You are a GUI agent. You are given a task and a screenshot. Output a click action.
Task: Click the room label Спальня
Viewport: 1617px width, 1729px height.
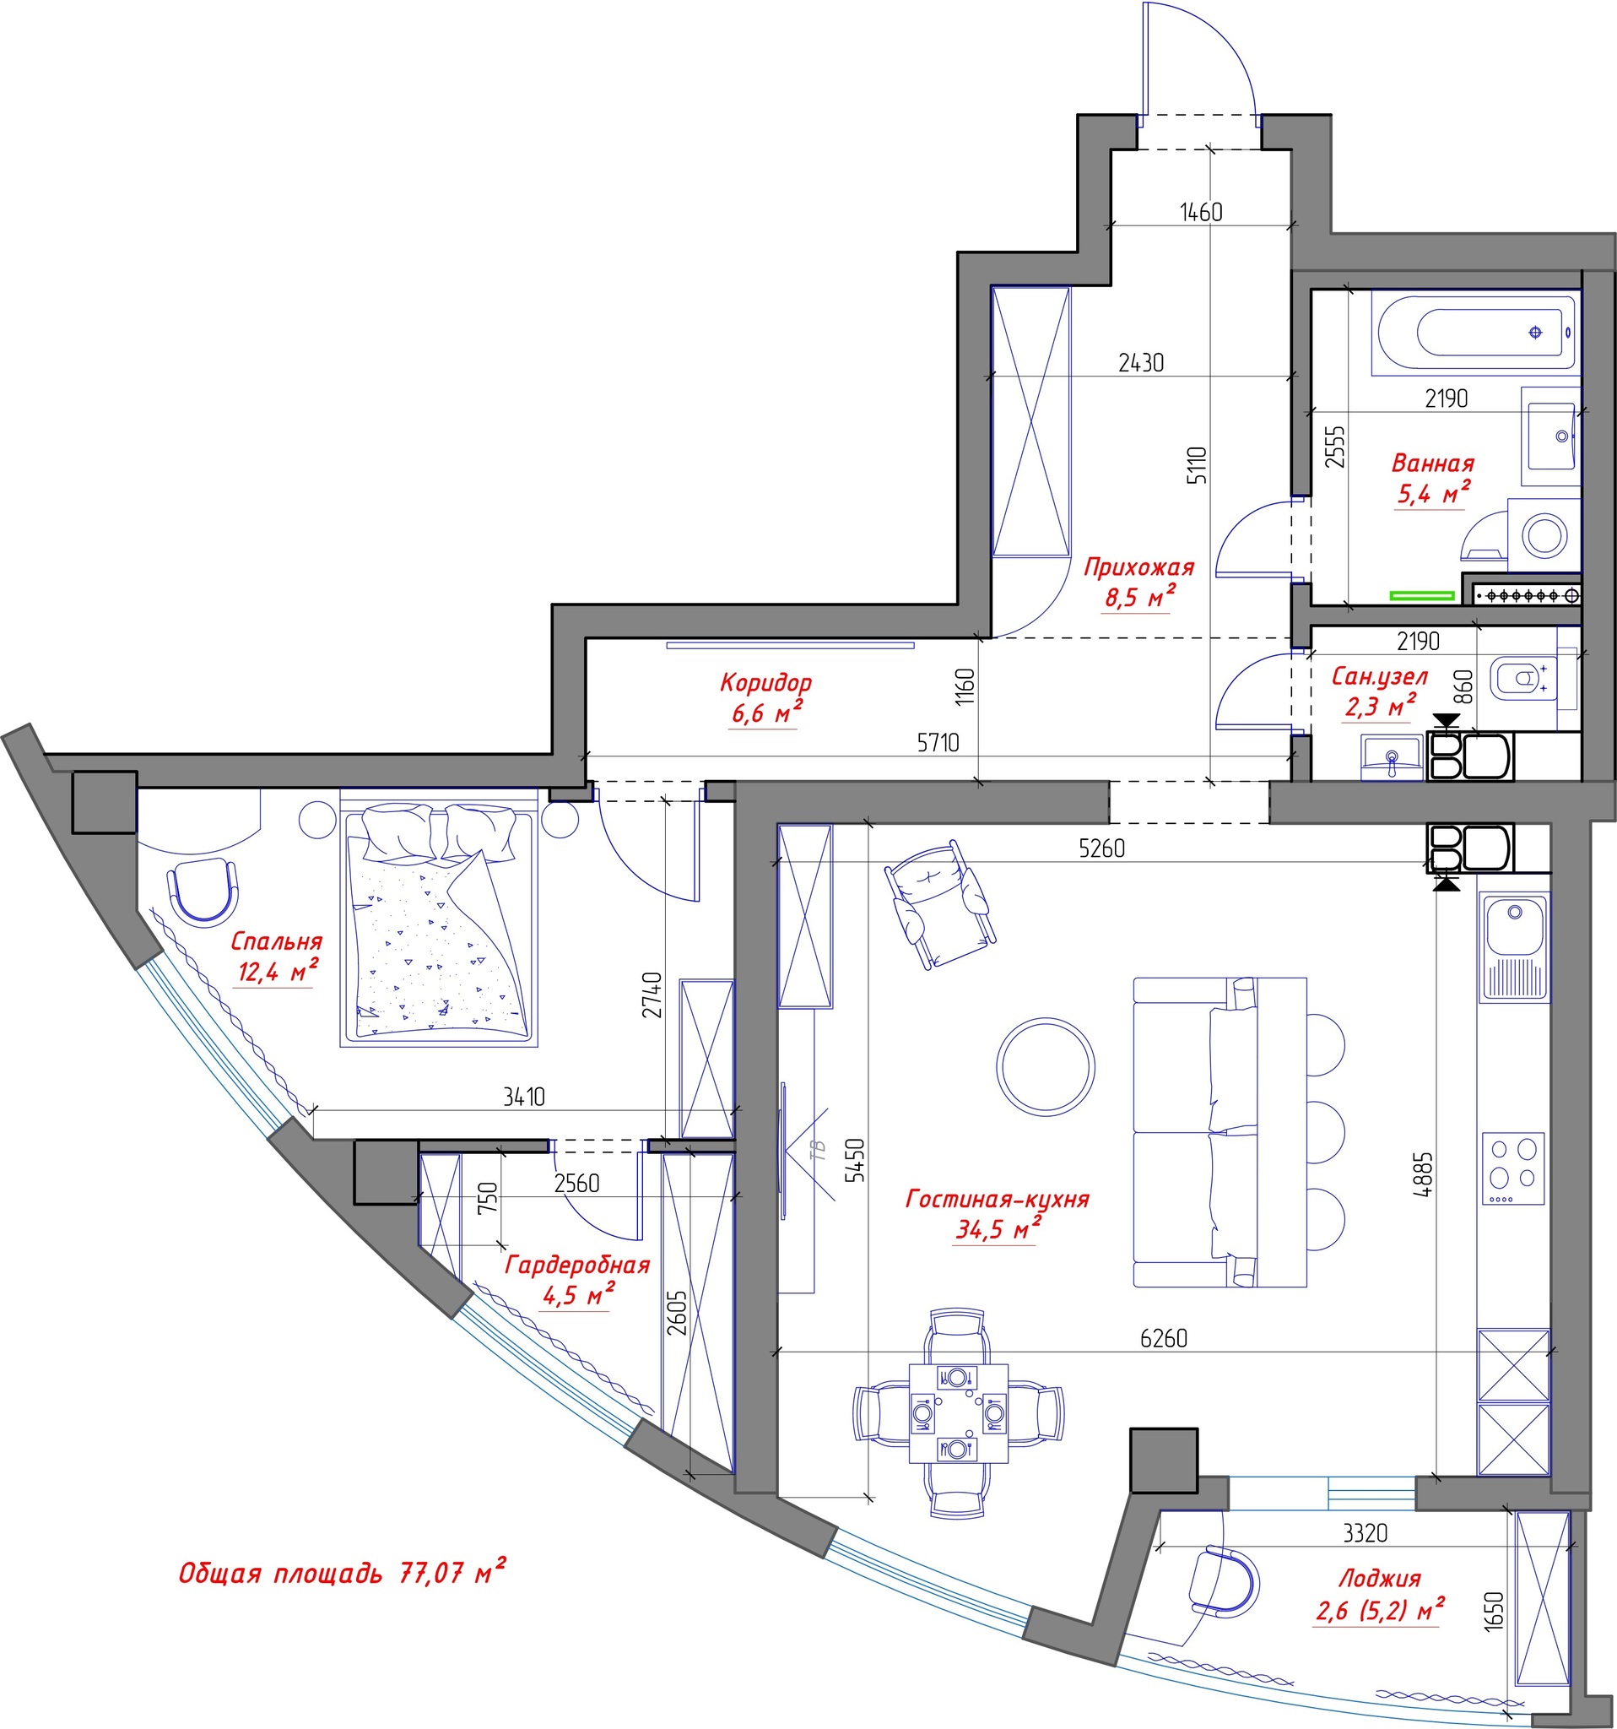(x=277, y=941)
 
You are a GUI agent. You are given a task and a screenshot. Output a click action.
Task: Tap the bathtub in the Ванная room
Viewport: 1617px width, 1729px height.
(x=1474, y=333)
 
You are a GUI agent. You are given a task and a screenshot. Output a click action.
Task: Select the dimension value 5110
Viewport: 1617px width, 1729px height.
(x=1197, y=465)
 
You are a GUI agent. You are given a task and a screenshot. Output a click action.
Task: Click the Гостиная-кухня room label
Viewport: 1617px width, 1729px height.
(x=998, y=1199)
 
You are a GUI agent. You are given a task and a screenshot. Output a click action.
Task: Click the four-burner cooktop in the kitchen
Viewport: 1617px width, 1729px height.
(x=1513, y=1168)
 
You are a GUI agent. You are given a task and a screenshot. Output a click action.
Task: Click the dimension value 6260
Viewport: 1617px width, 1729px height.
(x=1163, y=1337)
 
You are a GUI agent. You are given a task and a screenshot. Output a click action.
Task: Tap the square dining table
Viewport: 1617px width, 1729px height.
(x=958, y=1414)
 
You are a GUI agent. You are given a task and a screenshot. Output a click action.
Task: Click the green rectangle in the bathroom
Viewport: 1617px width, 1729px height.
(x=1422, y=596)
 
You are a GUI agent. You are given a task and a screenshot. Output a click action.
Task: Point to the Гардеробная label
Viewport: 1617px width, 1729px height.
(x=577, y=1265)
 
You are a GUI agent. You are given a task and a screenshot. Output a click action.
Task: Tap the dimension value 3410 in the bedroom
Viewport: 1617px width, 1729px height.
(x=524, y=1097)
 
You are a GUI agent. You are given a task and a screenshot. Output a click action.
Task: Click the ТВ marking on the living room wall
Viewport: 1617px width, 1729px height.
(x=816, y=1152)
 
